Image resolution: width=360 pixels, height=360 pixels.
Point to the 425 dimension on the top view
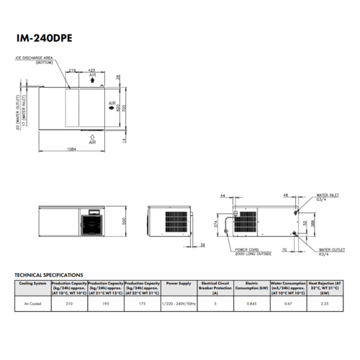click(x=94, y=70)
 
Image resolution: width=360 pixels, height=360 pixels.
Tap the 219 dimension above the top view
click(x=73, y=70)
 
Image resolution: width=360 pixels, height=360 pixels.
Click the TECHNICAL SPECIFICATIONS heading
click(x=50, y=275)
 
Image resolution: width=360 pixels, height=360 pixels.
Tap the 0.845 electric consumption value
click(x=251, y=304)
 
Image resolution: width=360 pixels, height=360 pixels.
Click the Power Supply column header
click(x=179, y=284)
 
